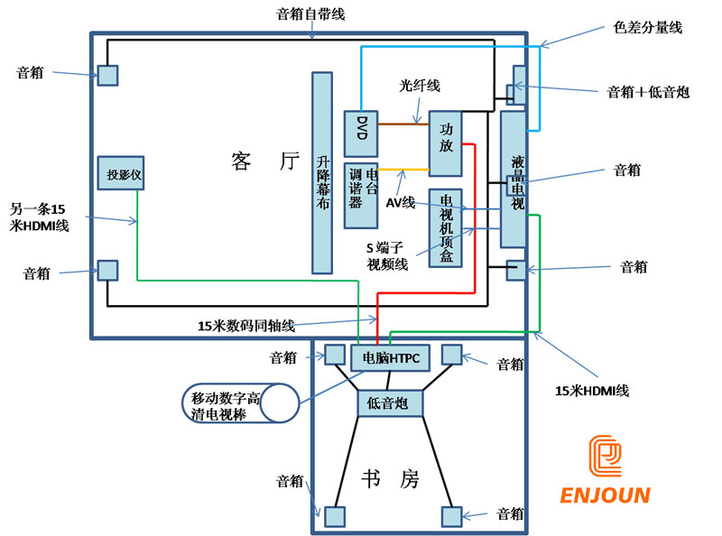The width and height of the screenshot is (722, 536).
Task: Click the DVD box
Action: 359,133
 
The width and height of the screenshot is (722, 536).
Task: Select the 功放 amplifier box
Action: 445,143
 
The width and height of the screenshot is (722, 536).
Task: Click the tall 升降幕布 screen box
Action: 323,171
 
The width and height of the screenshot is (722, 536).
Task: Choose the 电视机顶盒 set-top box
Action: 446,227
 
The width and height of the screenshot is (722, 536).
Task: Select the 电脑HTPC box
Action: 391,357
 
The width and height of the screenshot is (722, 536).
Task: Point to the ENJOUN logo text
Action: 605,495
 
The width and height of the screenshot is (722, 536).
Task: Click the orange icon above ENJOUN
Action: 605,457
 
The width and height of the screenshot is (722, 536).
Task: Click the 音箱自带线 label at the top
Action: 310,14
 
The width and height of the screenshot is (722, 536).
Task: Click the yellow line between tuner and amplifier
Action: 402,170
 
